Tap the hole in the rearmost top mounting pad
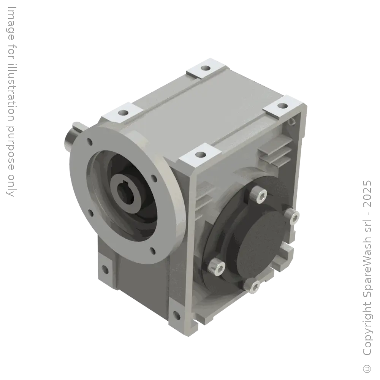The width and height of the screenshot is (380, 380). pos(206,69)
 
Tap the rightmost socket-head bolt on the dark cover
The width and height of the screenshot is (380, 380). pos(294,217)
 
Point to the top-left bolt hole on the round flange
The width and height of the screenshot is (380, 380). pos(90,142)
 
